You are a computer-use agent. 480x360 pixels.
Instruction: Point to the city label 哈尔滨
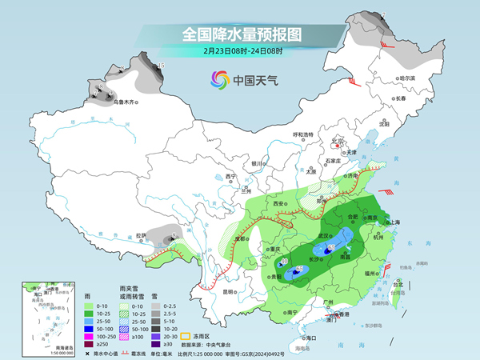coord(407,78)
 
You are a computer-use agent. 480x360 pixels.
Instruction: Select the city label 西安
coord(279,205)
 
